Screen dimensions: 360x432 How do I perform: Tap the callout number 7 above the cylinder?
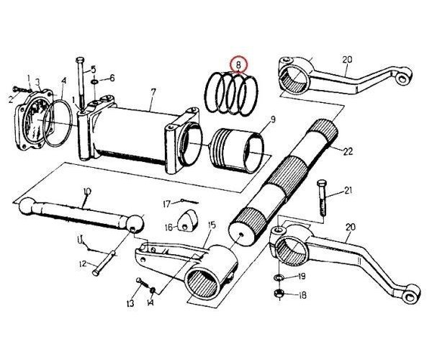152,92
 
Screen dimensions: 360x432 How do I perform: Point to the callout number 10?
86,192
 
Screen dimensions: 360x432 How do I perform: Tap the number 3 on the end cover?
37,84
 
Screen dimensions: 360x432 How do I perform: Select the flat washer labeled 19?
279,277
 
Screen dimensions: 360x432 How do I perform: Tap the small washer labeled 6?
96,78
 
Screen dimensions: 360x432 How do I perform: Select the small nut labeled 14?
153,289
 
